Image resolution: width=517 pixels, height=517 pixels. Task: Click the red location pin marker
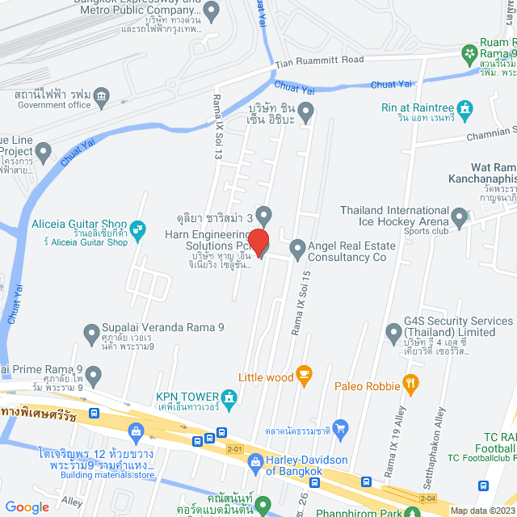coord(258,242)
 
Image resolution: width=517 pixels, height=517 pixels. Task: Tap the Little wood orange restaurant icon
coord(304,373)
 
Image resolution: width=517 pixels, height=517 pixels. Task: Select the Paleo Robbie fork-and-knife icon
coord(410,383)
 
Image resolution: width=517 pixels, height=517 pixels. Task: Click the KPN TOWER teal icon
coord(229,397)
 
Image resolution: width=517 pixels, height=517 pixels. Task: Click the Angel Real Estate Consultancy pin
coord(297,250)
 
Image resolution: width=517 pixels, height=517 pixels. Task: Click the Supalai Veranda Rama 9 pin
coord(91,332)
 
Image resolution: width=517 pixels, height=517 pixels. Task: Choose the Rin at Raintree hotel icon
coord(464,108)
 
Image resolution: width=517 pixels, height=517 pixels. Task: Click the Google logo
coord(27,506)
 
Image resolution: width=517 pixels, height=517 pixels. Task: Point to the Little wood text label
coord(265,376)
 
